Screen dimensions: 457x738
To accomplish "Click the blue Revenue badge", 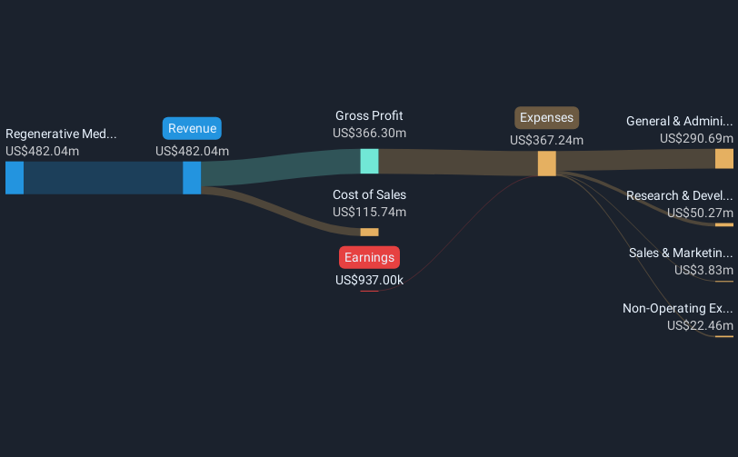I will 193,129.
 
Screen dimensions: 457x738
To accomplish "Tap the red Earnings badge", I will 369,258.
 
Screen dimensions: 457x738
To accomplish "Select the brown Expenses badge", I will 546,117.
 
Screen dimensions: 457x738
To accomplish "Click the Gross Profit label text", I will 369,116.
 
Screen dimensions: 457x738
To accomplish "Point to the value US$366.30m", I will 369,133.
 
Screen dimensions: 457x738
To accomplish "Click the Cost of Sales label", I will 369,194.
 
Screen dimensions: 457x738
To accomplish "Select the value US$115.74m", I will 369,212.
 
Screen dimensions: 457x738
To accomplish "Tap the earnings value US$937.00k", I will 369,280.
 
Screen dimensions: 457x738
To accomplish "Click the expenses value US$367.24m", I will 546,140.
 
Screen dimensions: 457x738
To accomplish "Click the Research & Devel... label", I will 679,195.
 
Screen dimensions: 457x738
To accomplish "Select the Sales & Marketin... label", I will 680,253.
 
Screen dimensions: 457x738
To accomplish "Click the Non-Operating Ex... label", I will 677,309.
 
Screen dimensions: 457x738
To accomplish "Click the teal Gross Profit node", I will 369,162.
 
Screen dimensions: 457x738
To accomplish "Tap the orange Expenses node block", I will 546,164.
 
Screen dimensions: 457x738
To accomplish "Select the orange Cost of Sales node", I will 369,233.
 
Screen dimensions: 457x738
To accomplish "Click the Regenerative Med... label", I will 61,134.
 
